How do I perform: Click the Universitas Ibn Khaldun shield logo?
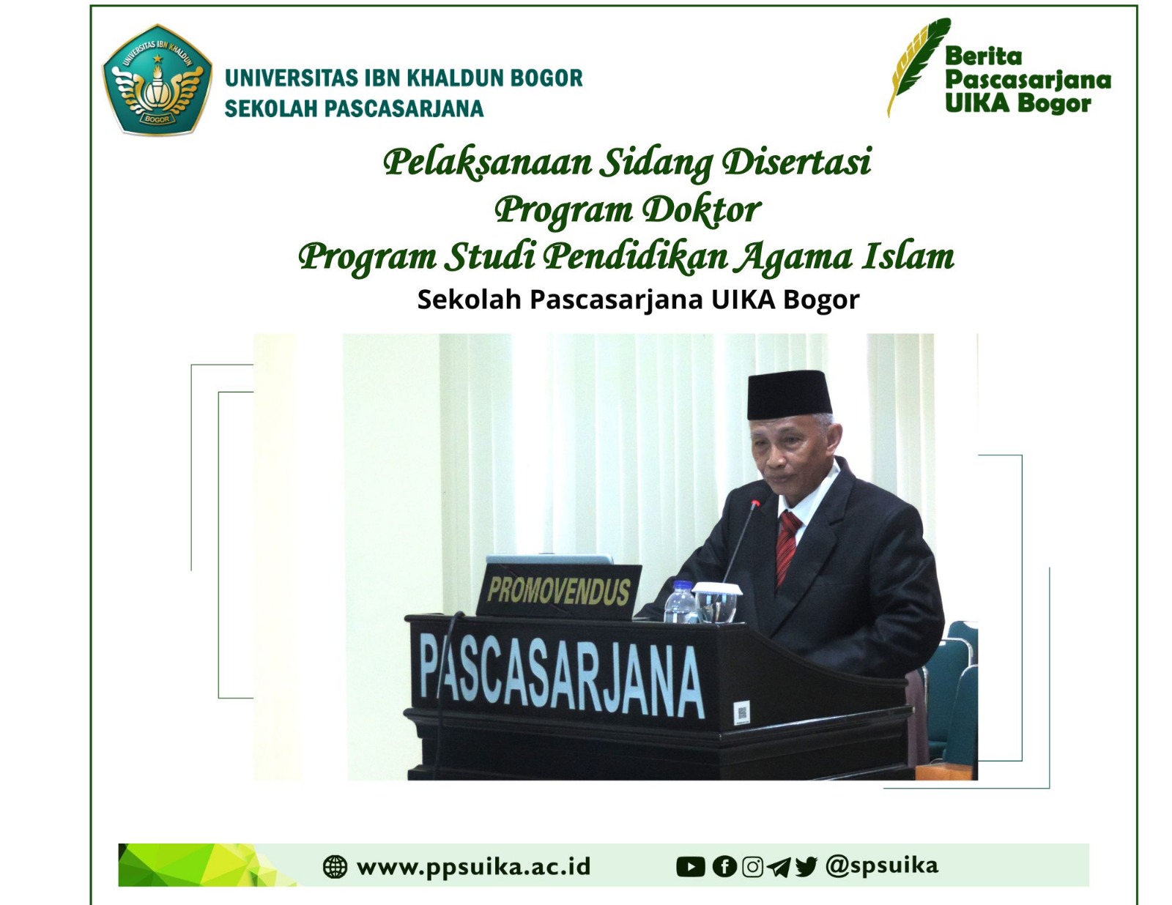[157, 79]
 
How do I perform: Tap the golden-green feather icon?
[918, 66]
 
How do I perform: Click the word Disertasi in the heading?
[797, 162]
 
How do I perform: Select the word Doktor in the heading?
[702, 209]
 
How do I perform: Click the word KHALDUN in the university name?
[453, 78]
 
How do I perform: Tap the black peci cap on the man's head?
[789, 395]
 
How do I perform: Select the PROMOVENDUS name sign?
[559, 591]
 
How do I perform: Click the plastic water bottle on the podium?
[680, 601]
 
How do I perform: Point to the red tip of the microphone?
[756, 504]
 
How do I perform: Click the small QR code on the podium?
[742, 714]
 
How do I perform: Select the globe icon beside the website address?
[335, 867]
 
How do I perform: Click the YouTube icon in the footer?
[690, 867]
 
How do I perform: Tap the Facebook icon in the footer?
[724, 867]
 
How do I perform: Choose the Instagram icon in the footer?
[752, 867]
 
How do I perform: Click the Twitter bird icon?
[806, 867]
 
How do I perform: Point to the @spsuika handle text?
[882, 866]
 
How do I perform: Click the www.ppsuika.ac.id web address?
[473, 868]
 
